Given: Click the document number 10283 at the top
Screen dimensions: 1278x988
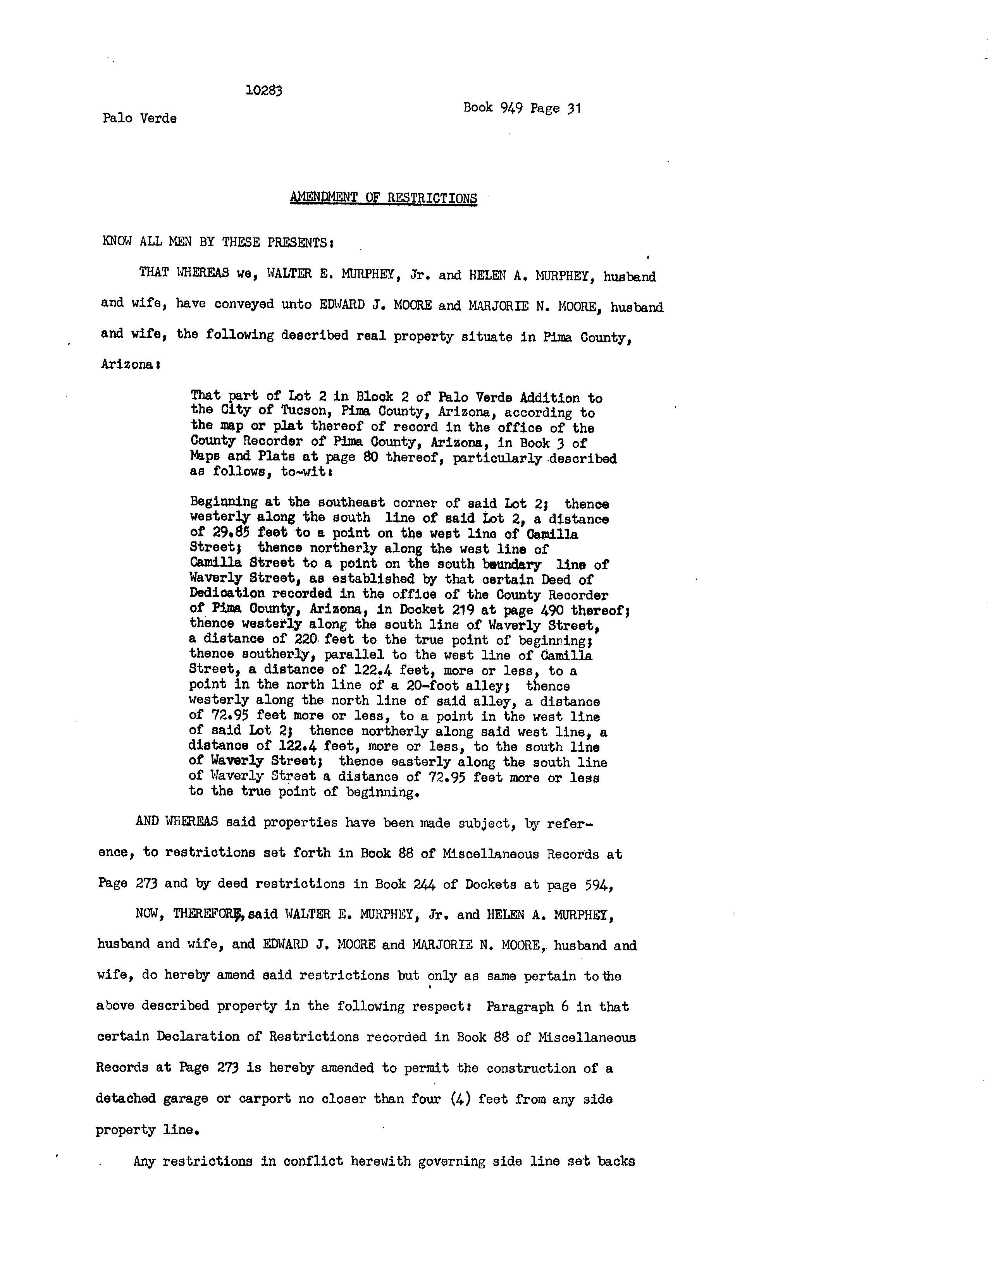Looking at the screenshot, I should [x=264, y=91].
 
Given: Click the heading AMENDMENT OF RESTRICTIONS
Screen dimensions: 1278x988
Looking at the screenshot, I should [x=383, y=198].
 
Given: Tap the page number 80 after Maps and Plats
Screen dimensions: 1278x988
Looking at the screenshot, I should [x=370, y=458].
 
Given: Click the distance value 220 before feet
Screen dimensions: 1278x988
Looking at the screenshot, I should [x=306, y=640].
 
